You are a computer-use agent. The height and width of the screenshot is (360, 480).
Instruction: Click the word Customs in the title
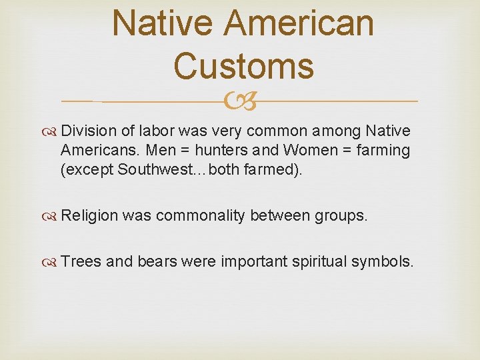[243, 65]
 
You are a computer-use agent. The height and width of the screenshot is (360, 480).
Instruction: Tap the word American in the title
[299, 22]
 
